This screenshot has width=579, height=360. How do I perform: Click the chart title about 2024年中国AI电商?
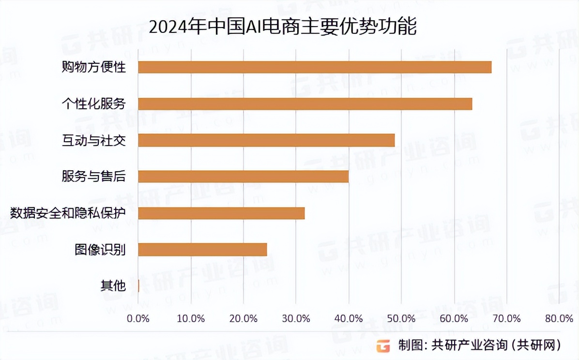(282, 28)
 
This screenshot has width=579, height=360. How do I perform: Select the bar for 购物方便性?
(315, 67)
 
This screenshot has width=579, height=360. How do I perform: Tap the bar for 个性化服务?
(305, 104)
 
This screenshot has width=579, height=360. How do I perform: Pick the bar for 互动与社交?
(266, 140)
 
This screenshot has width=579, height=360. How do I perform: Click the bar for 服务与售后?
(243, 177)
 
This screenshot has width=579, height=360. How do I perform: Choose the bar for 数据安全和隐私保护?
(221, 213)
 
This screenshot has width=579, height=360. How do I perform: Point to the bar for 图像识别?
(202, 249)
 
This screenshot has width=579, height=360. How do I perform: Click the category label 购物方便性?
(93, 67)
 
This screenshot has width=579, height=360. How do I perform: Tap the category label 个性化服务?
(93, 104)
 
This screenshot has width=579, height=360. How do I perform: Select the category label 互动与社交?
(93, 140)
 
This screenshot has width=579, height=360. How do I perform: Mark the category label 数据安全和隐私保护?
(68, 213)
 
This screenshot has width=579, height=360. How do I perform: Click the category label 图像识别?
(100, 250)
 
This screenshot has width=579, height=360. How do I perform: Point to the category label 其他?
(113, 286)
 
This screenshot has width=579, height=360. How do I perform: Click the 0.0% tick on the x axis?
(138, 318)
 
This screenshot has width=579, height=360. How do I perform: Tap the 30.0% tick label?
(296, 318)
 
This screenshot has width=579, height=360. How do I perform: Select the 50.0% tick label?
(401, 318)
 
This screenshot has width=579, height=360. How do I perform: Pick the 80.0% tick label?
(559, 318)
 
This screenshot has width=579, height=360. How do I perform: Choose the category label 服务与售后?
(93, 177)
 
